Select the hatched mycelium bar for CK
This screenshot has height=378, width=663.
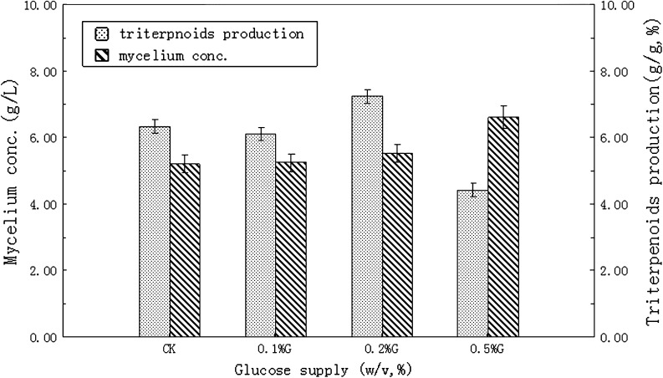185,250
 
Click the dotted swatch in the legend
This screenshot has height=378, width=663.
101,34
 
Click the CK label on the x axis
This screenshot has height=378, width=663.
170,349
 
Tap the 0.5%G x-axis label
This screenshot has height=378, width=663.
488,349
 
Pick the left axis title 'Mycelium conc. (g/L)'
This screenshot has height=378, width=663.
13,171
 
